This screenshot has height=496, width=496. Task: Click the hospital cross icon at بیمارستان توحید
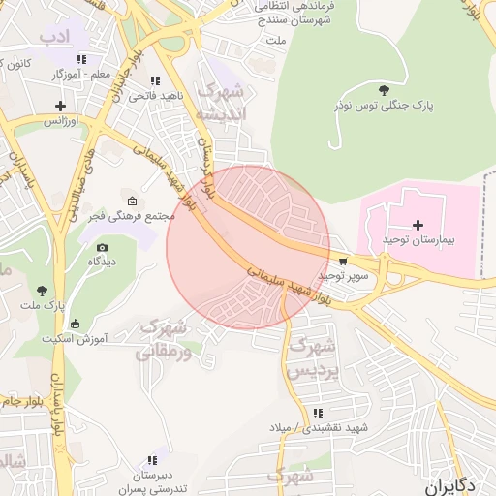tap(418, 225)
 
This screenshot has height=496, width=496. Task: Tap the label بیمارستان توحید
tap(418, 239)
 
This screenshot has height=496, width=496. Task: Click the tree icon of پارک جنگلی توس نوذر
tap(386, 90)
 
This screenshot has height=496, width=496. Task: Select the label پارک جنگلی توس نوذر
tap(379, 104)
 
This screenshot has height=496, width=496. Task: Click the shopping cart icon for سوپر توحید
tap(343, 262)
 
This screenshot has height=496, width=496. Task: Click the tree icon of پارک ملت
tap(42, 290)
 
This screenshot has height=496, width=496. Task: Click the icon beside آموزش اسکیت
tap(76, 324)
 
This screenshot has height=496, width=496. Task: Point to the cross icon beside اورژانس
tap(62, 106)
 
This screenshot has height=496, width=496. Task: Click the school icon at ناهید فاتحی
tap(155, 81)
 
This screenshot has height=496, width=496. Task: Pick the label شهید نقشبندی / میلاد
tap(321, 427)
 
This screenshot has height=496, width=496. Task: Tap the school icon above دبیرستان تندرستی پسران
tap(152, 460)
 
